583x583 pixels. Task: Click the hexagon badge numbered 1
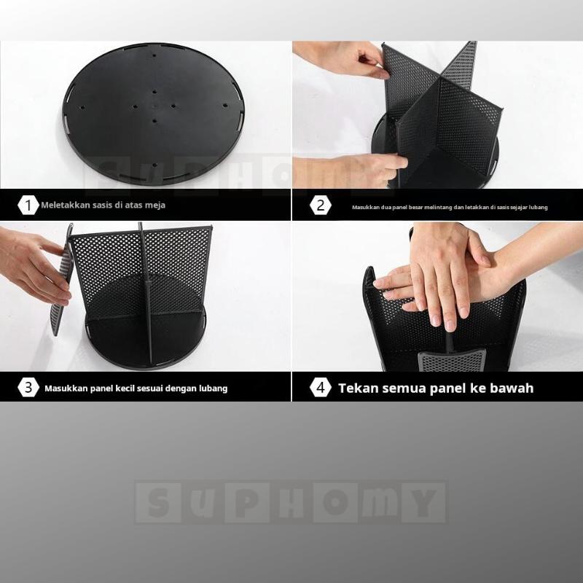click(28, 206)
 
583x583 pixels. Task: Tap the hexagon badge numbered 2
click(320, 206)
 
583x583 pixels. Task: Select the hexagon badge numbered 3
click(28, 388)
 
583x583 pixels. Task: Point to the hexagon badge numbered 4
click(320, 388)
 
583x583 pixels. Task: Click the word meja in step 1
click(157, 206)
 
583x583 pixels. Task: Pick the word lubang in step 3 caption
click(214, 388)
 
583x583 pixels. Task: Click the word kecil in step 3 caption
click(126, 388)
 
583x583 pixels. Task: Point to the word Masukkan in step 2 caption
click(361, 207)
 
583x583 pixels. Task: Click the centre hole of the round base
click(154, 106)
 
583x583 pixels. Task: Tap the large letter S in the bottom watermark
click(158, 503)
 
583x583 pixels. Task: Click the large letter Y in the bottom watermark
click(423, 503)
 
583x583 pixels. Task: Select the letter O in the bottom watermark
click(335, 503)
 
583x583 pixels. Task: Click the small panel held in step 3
click(61, 280)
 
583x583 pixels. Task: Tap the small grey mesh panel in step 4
click(452, 360)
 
